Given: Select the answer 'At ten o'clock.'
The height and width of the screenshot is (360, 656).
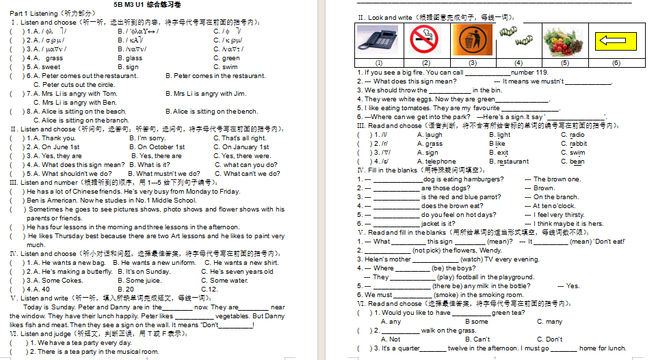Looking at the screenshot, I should (554, 206).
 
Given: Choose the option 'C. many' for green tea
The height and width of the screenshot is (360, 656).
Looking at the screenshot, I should (549, 322).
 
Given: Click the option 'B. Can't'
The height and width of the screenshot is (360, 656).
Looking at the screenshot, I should (477, 339).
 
